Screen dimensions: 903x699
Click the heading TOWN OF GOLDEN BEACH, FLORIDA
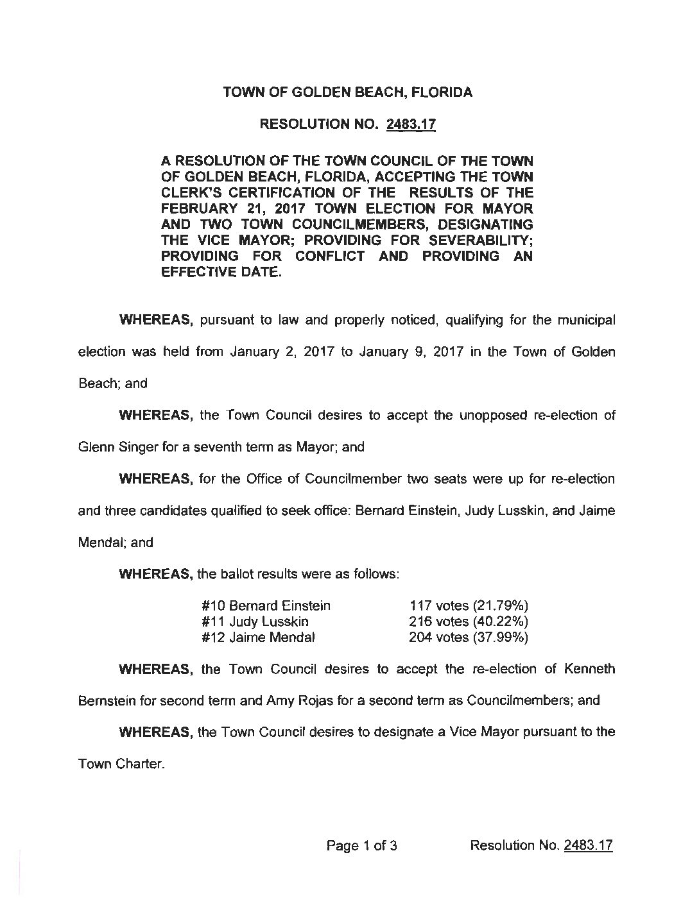(x=347, y=92)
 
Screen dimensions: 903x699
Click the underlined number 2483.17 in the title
(x=411, y=126)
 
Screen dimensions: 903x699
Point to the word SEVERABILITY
(x=476, y=241)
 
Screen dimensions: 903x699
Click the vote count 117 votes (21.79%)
(x=469, y=605)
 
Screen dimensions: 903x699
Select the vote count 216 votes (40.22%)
(x=469, y=621)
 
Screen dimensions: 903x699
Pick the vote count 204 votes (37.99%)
(x=469, y=637)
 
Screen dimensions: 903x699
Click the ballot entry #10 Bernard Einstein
(x=266, y=605)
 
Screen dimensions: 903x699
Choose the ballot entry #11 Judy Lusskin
(x=255, y=621)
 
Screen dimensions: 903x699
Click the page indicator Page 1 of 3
(x=362, y=845)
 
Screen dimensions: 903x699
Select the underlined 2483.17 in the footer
(x=588, y=845)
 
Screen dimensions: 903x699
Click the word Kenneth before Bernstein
(x=587, y=669)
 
